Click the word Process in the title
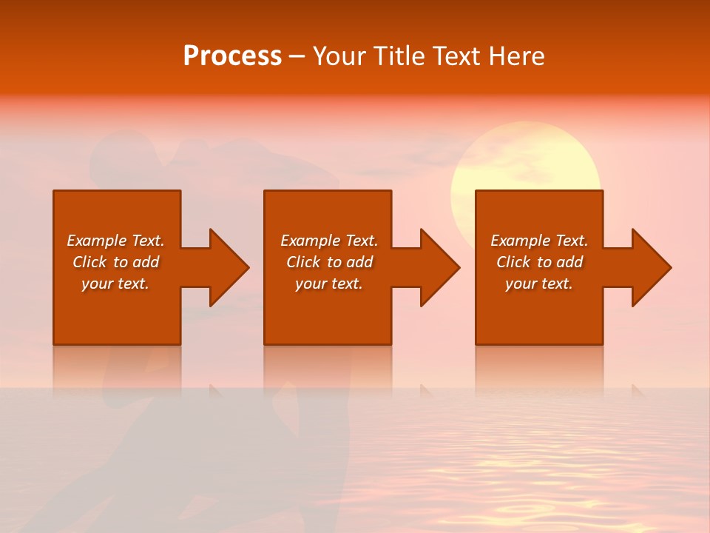(x=232, y=56)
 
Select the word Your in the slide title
(x=341, y=56)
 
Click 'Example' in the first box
(x=96, y=241)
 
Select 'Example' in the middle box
(x=310, y=241)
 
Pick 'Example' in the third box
(x=520, y=241)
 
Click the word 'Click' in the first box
(x=89, y=262)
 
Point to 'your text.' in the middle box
(x=328, y=284)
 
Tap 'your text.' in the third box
(x=538, y=284)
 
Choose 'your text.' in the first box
(x=115, y=284)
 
